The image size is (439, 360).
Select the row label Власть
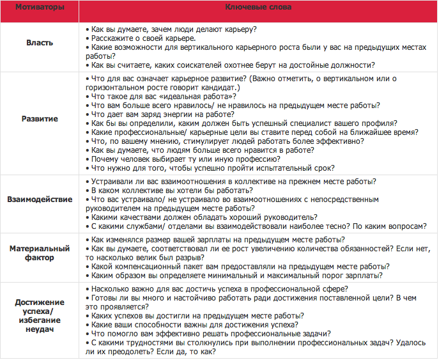(x=40, y=43)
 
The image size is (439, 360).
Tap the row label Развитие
(x=40, y=118)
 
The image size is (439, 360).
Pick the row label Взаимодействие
(x=40, y=200)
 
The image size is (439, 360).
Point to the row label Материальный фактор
(x=40, y=253)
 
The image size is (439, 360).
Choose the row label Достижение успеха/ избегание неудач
(x=40, y=315)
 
